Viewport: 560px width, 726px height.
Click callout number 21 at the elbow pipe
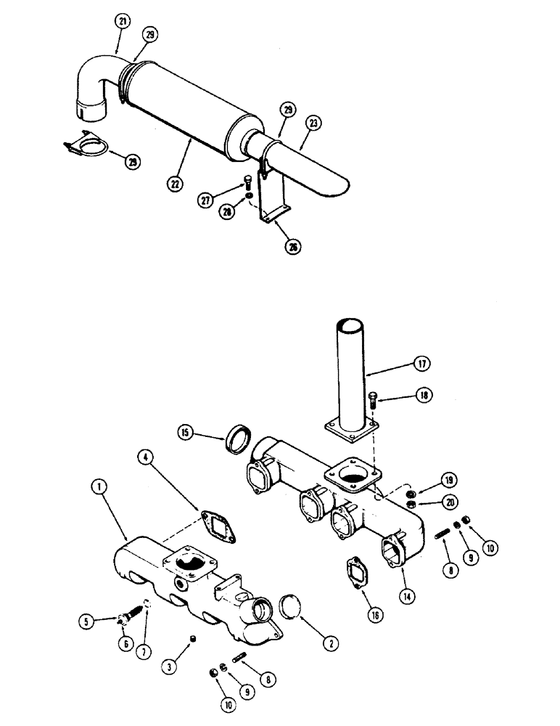point(122,23)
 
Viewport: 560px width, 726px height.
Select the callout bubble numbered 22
point(175,184)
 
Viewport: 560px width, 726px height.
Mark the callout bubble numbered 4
point(147,457)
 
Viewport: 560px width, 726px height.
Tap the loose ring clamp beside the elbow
point(85,148)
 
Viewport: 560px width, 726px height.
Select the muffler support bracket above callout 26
point(278,204)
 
